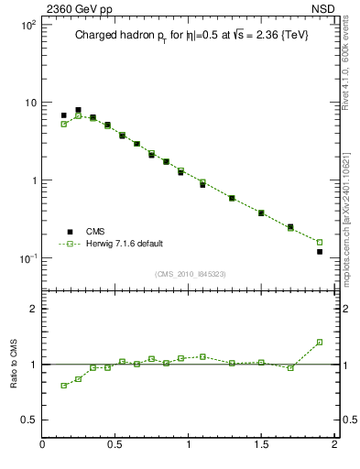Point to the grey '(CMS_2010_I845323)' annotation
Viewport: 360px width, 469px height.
(188, 274)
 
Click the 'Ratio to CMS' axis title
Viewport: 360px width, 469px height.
(15, 364)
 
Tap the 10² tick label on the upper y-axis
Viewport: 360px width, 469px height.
(28, 25)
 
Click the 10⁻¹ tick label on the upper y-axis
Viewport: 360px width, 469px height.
(27, 258)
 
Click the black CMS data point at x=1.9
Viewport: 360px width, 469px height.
(320, 251)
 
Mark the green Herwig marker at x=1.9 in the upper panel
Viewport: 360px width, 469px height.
(320, 242)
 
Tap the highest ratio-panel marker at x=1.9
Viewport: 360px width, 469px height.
(320, 342)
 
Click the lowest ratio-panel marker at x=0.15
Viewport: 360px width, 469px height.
(64, 386)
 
